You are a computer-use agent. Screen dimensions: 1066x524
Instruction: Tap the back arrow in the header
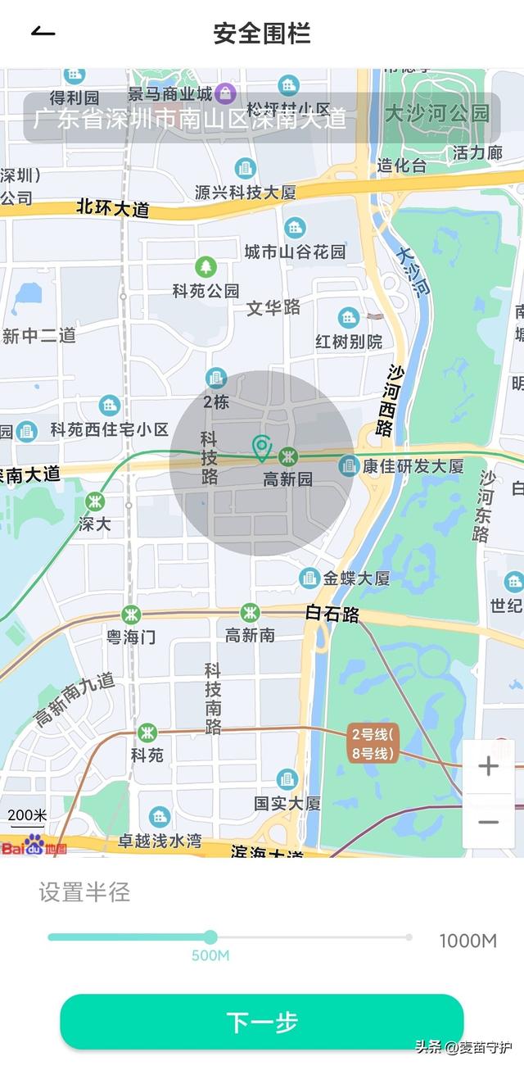(x=43, y=32)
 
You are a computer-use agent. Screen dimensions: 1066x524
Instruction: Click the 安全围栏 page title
(x=262, y=34)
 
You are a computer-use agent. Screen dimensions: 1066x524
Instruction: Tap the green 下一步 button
(x=262, y=1022)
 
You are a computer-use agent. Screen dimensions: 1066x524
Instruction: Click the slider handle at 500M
(x=210, y=937)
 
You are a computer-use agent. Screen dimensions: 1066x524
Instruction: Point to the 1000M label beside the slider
(x=468, y=941)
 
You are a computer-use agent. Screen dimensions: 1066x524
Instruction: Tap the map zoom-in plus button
(x=489, y=767)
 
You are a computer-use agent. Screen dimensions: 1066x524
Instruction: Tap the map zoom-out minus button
(x=489, y=822)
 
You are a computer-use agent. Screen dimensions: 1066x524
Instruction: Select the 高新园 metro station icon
(x=287, y=457)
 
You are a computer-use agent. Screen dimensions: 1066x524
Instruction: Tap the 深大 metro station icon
(x=96, y=501)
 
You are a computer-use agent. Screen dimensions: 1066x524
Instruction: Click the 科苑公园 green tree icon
(x=206, y=267)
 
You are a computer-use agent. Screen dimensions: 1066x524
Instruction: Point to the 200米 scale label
(x=28, y=815)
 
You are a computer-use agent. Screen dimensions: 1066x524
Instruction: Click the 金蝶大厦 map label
(x=356, y=578)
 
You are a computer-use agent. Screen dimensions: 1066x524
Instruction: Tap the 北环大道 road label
(x=113, y=207)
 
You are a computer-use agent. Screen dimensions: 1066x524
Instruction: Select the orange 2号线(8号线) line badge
(x=373, y=743)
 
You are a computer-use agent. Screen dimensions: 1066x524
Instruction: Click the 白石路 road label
(x=332, y=613)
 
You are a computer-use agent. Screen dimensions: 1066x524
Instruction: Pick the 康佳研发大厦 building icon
(x=350, y=466)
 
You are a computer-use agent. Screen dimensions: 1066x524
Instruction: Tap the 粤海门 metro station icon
(x=131, y=615)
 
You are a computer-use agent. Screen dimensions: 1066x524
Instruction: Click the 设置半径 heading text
(x=84, y=892)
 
